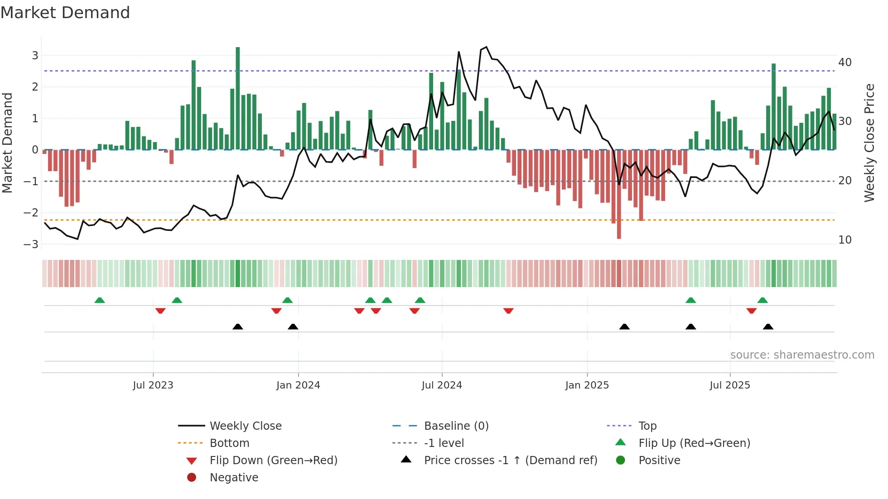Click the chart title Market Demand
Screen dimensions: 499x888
65,13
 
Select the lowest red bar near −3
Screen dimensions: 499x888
619,195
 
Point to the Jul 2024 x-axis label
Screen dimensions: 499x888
442,385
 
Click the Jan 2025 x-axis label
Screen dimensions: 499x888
587,385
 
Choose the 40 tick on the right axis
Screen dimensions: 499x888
845,62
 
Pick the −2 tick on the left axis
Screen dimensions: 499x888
31,213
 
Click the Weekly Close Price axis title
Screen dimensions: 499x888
869,143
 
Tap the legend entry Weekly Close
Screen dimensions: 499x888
246,426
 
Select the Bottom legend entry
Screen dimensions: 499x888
229,443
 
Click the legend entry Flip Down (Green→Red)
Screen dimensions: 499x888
273,461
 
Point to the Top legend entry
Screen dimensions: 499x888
647,426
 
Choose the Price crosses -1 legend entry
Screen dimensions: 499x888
511,461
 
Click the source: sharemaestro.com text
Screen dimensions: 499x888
802,355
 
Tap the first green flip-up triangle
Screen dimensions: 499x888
100,300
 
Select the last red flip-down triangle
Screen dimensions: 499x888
752,311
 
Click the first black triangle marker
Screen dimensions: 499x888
238,326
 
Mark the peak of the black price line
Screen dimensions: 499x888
486,47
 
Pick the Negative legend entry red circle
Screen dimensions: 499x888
192,478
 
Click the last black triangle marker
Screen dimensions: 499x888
768,326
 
